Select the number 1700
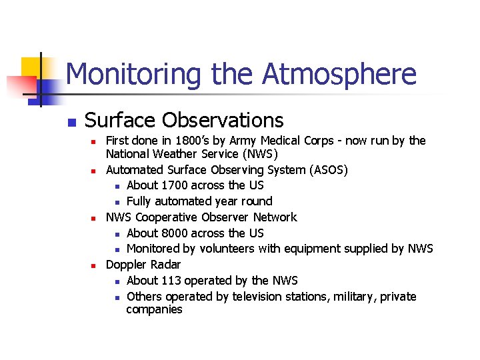(x=174, y=185)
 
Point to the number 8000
(x=174, y=233)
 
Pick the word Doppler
(x=127, y=265)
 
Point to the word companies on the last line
(x=154, y=310)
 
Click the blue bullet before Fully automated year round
(x=117, y=202)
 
